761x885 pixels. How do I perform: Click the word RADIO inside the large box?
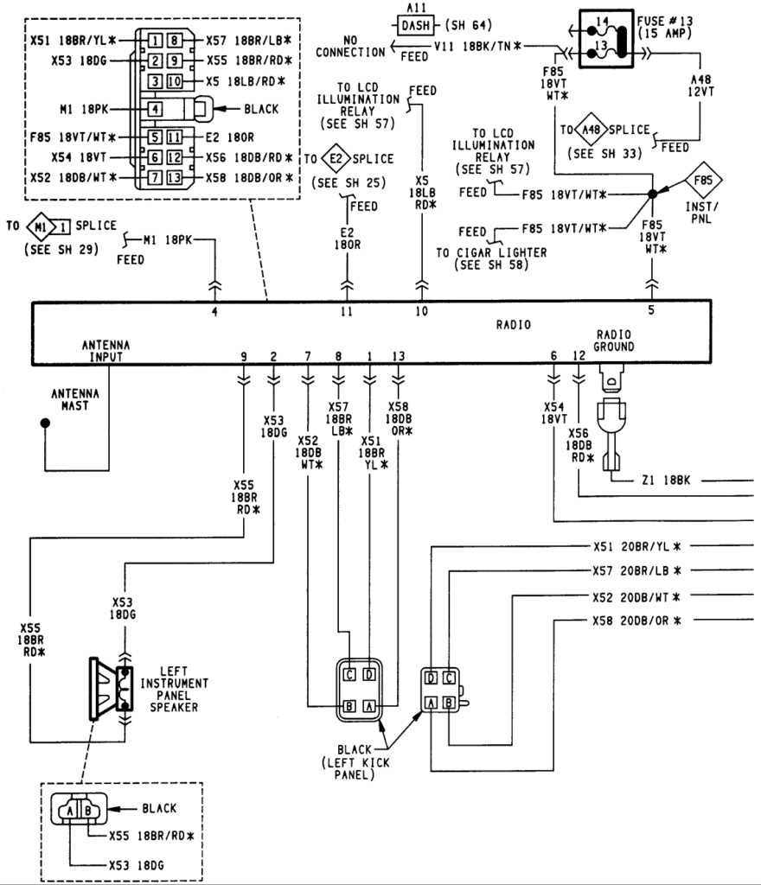[513, 325]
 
